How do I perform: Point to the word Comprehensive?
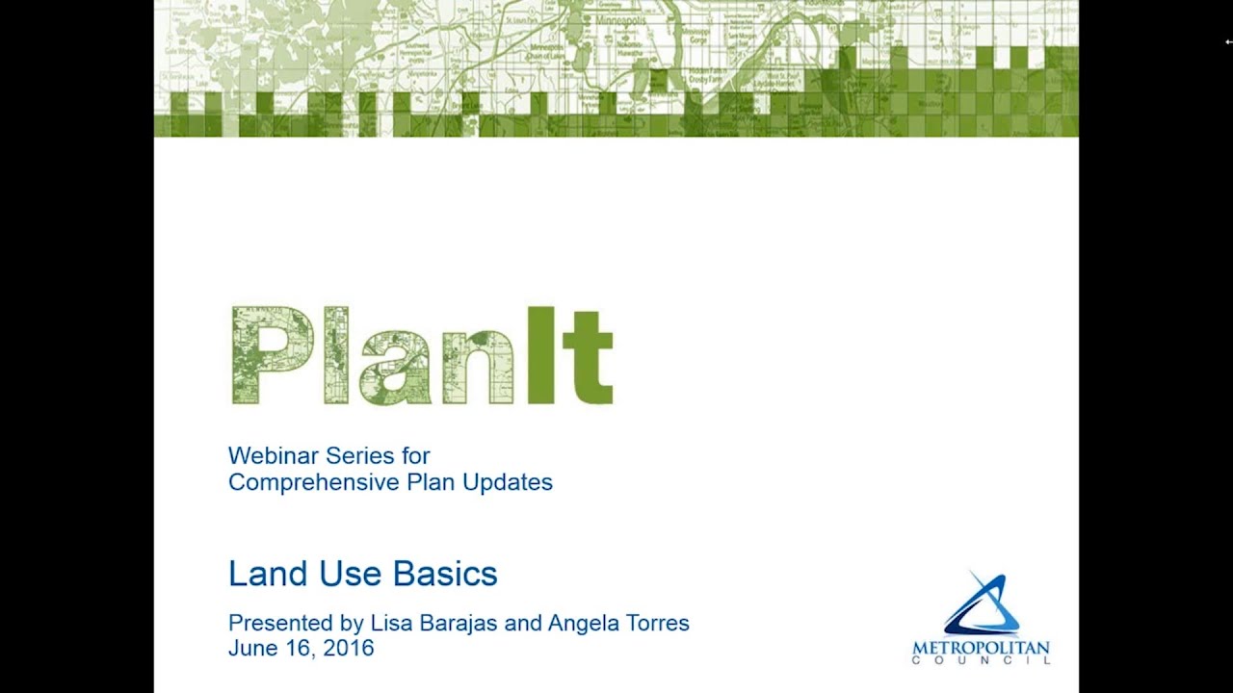(304, 483)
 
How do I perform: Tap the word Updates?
(508, 482)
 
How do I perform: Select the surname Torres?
(660, 623)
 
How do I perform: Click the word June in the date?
(249, 649)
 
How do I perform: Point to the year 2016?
(348, 649)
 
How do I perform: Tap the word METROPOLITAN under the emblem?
(981, 648)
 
